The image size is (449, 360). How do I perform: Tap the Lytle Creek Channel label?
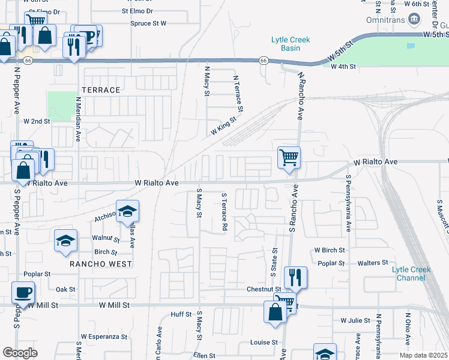click(411, 274)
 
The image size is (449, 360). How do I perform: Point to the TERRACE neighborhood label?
click(101, 90)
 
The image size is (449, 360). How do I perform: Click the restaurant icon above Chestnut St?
click(295, 277)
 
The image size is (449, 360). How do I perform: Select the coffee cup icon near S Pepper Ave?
click(23, 293)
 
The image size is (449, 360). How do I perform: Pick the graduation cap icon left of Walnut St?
click(65, 241)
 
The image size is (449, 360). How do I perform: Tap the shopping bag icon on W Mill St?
click(275, 312)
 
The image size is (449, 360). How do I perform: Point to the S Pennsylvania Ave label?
click(348, 205)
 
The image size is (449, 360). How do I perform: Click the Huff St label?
click(181, 314)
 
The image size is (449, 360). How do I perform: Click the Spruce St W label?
click(148, 24)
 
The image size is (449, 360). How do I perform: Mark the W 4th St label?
click(343, 67)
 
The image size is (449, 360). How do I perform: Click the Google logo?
click(20, 353)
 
